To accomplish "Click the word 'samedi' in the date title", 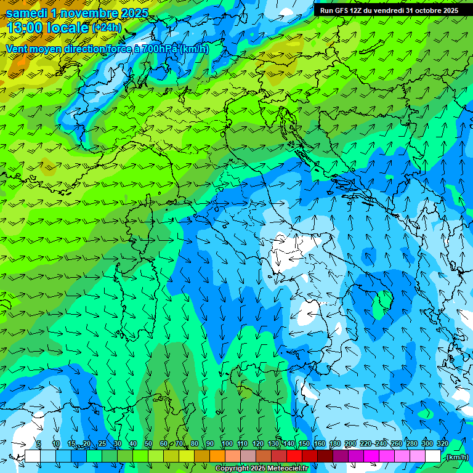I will click(x=27, y=13).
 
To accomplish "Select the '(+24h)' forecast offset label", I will click(x=107, y=28).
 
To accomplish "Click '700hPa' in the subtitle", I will click(x=161, y=49).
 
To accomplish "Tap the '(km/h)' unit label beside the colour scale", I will click(x=457, y=457).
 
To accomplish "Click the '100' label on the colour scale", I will click(x=227, y=443).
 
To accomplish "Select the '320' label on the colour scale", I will click(x=442, y=443).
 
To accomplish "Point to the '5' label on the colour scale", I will click(x=39, y=443).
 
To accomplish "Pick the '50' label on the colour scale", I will click(x=148, y=443).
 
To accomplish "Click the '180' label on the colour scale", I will click(x=334, y=443).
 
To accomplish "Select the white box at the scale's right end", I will click(x=433, y=456).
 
